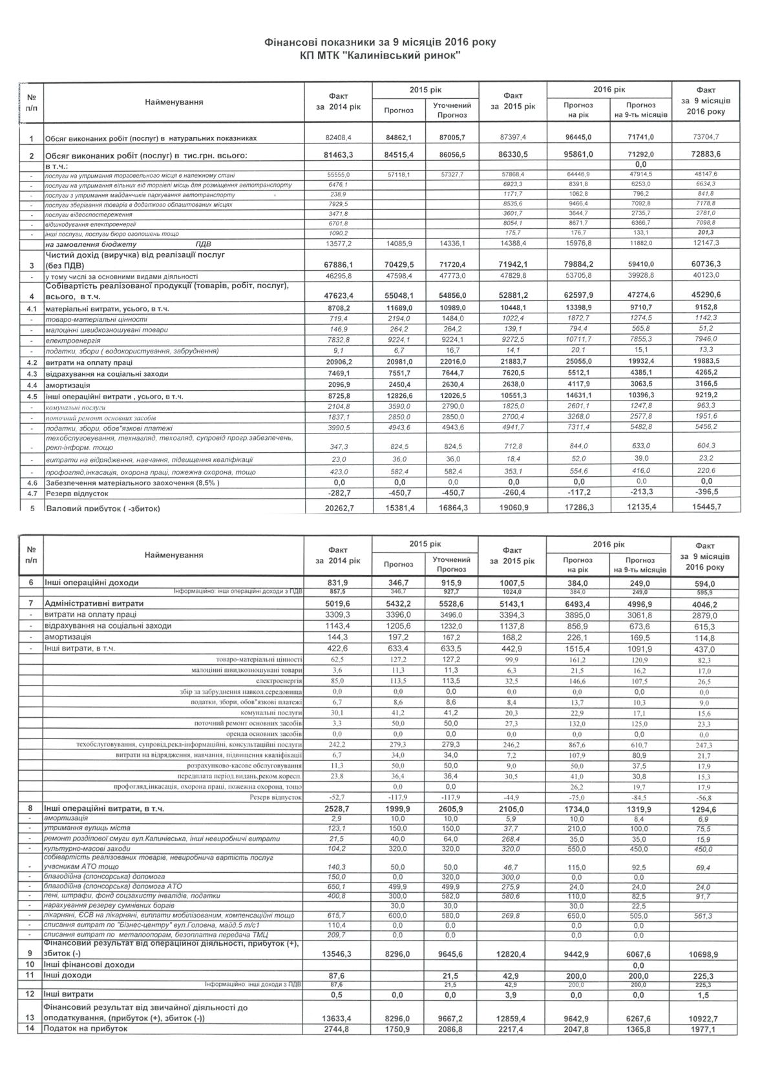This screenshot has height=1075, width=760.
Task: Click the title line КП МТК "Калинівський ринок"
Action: coord(380,56)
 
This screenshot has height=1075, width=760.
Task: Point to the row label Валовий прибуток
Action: coord(102,508)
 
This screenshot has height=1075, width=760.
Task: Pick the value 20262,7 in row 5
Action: coord(340,508)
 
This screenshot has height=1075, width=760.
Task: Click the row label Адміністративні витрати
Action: coord(94,603)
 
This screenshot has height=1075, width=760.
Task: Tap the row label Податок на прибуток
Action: coord(85,1028)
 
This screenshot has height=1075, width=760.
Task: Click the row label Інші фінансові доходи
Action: coord(89,965)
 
